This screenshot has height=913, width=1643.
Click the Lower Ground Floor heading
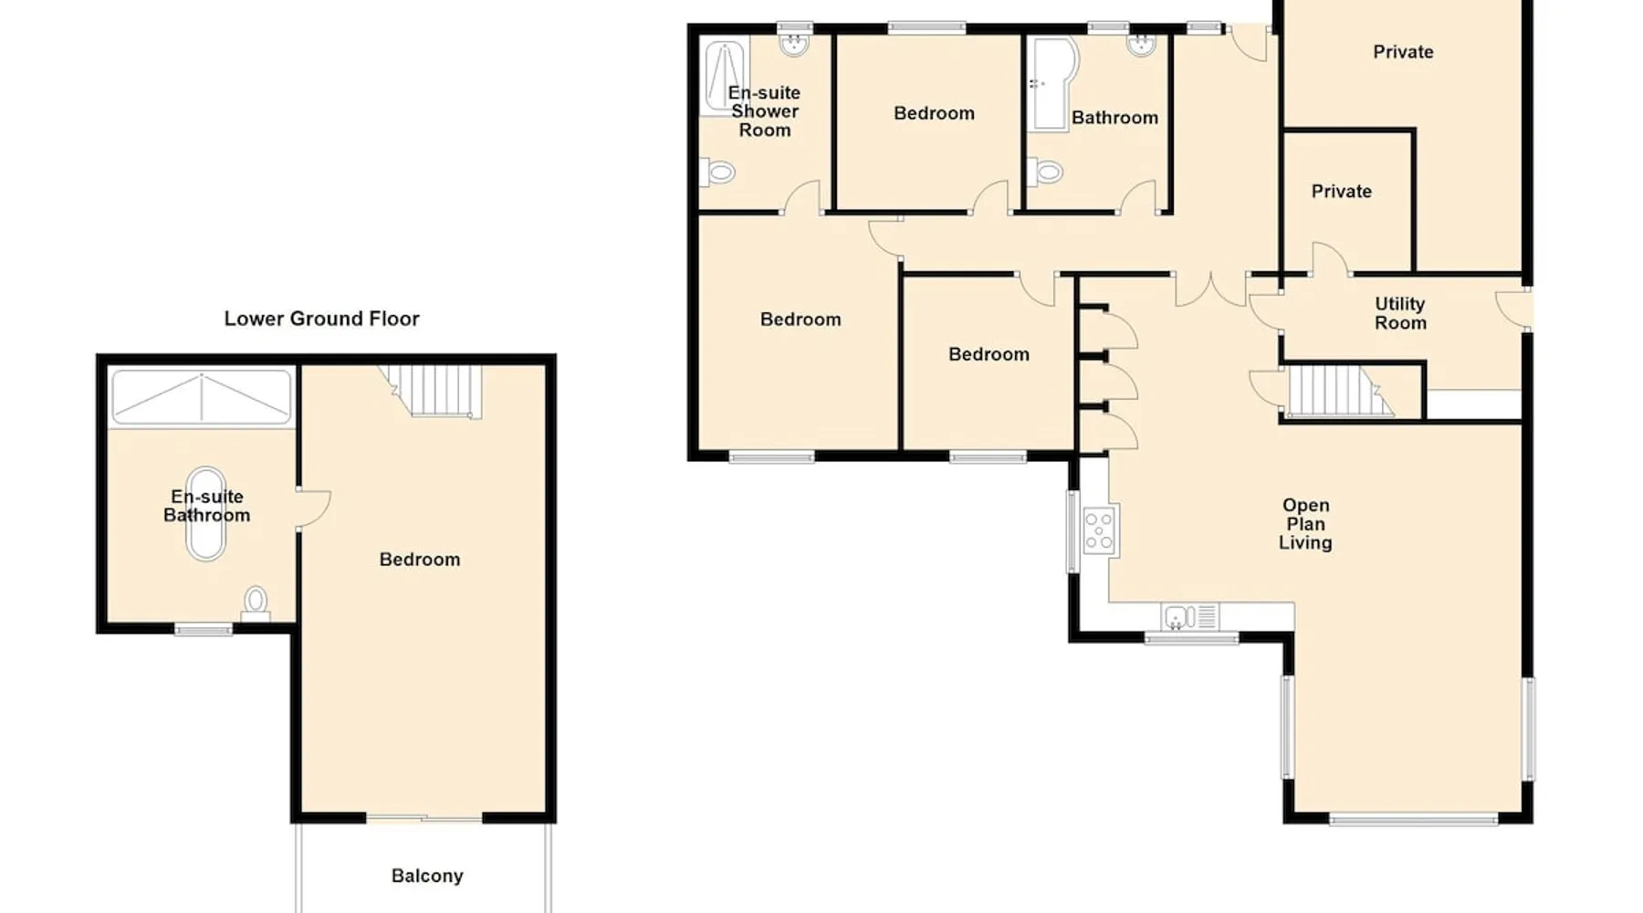(x=321, y=319)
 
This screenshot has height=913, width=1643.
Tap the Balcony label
(x=427, y=876)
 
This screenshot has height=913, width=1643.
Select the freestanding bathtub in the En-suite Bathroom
(x=205, y=514)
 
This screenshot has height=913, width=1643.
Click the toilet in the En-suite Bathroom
(x=256, y=603)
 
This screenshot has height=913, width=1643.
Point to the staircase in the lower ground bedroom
(x=430, y=391)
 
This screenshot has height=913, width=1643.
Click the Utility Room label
(x=1400, y=313)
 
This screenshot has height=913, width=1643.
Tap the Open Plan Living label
(x=1305, y=523)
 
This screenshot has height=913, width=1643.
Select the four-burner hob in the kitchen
(x=1100, y=530)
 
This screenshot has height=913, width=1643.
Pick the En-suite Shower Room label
(x=765, y=111)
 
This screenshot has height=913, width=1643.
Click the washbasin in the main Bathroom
(x=1141, y=45)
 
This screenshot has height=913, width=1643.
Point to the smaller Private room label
(x=1341, y=191)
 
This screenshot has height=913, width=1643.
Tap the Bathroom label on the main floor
(x=1115, y=117)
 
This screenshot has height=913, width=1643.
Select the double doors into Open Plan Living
(x=1210, y=289)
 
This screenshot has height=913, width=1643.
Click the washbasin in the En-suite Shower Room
(x=795, y=44)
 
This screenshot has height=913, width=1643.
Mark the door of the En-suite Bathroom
(x=313, y=509)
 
